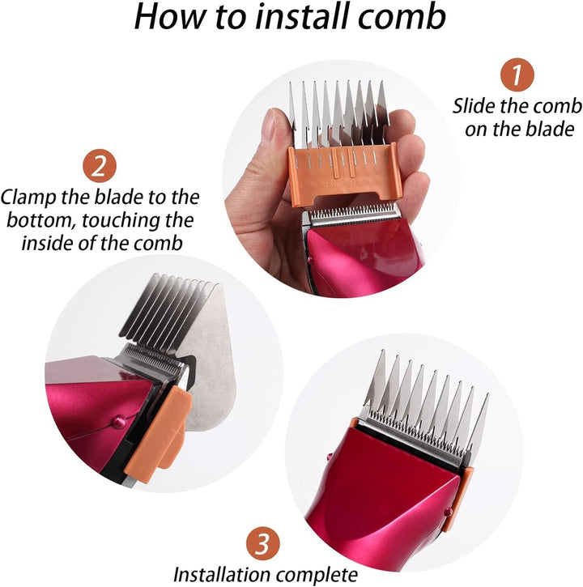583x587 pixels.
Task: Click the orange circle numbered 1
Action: (x=517, y=75)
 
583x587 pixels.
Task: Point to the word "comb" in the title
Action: (x=409, y=17)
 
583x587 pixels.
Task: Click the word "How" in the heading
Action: (x=168, y=17)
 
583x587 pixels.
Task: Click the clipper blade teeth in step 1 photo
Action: (x=354, y=213)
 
